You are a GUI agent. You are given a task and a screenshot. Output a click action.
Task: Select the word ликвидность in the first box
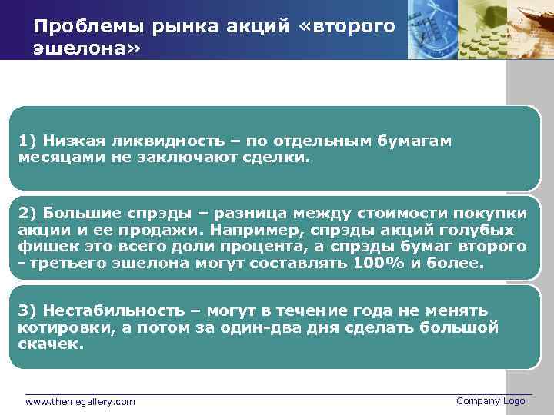[153, 141]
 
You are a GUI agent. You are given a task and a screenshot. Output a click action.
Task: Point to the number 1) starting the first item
[28, 141]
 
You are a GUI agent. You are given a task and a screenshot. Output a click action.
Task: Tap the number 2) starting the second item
[28, 213]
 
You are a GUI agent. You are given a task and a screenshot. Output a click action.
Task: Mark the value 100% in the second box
[374, 263]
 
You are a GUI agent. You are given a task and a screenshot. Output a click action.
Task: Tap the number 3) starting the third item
[28, 310]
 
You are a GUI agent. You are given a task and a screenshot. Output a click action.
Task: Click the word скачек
[48, 344]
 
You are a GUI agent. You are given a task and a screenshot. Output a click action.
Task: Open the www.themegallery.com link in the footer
[80, 401]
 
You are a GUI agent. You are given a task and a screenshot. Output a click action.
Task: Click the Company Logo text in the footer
[490, 401]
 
